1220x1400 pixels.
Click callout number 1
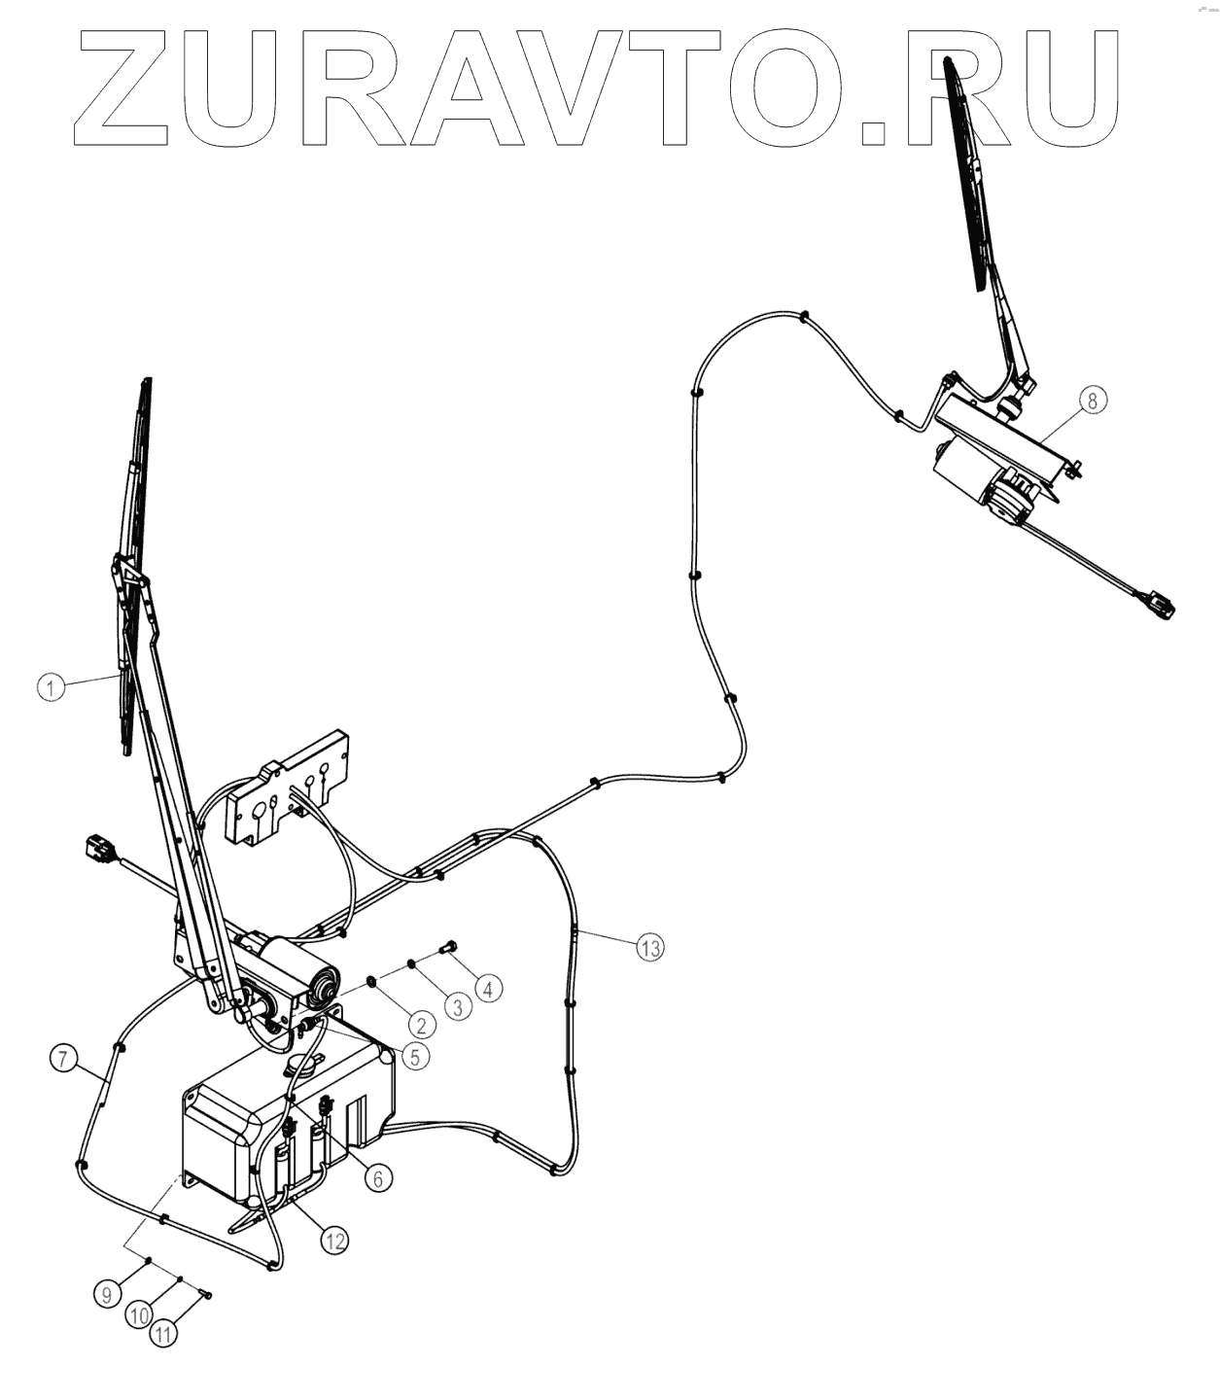coord(51,687)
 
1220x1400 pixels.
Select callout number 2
coord(420,1024)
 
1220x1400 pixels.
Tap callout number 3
coord(455,1006)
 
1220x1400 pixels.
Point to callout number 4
coord(488,989)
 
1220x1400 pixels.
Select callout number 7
coord(63,1059)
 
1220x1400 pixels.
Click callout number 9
coord(108,1294)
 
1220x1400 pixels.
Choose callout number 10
coord(138,1314)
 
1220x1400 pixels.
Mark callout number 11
coord(164,1335)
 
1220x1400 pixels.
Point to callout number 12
coord(334,1241)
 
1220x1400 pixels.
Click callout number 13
coord(649,946)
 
